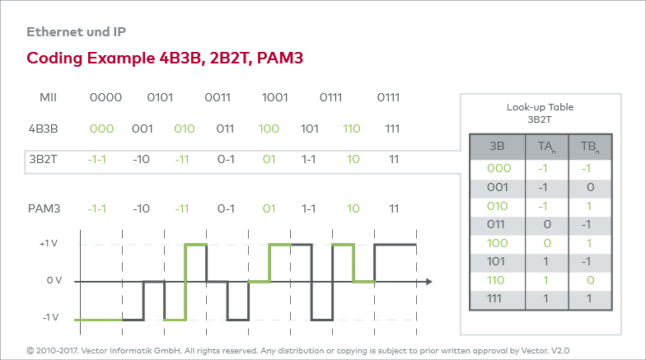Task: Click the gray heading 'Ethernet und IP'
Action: pyautogui.click(x=76, y=31)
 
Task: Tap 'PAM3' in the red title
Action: pyautogui.click(x=280, y=58)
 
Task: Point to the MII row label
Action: pyautogui.click(x=48, y=97)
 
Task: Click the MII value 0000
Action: pyautogui.click(x=105, y=97)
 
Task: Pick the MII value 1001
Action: pyautogui.click(x=275, y=97)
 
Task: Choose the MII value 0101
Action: pyautogui.click(x=160, y=97)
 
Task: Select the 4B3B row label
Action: pyautogui.click(x=43, y=129)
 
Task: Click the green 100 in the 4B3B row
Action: pyautogui.click(x=269, y=129)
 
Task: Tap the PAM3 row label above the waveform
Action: pyautogui.click(x=44, y=209)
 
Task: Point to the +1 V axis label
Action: pyautogui.click(x=49, y=244)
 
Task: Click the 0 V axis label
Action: pyautogui.click(x=54, y=280)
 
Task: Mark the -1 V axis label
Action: pyautogui.click(x=51, y=318)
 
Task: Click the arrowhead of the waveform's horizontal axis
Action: pyautogui.click(x=429, y=282)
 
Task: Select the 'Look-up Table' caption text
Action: pyautogui.click(x=541, y=107)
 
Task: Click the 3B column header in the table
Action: pyautogui.click(x=497, y=147)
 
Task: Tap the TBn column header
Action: pyautogui.click(x=590, y=147)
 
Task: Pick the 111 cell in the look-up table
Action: pyautogui.click(x=494, y=298)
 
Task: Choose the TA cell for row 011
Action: pyautogui.click(x=547, y=224)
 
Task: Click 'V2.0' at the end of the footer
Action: pyautogui.click(x=560, y=351)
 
